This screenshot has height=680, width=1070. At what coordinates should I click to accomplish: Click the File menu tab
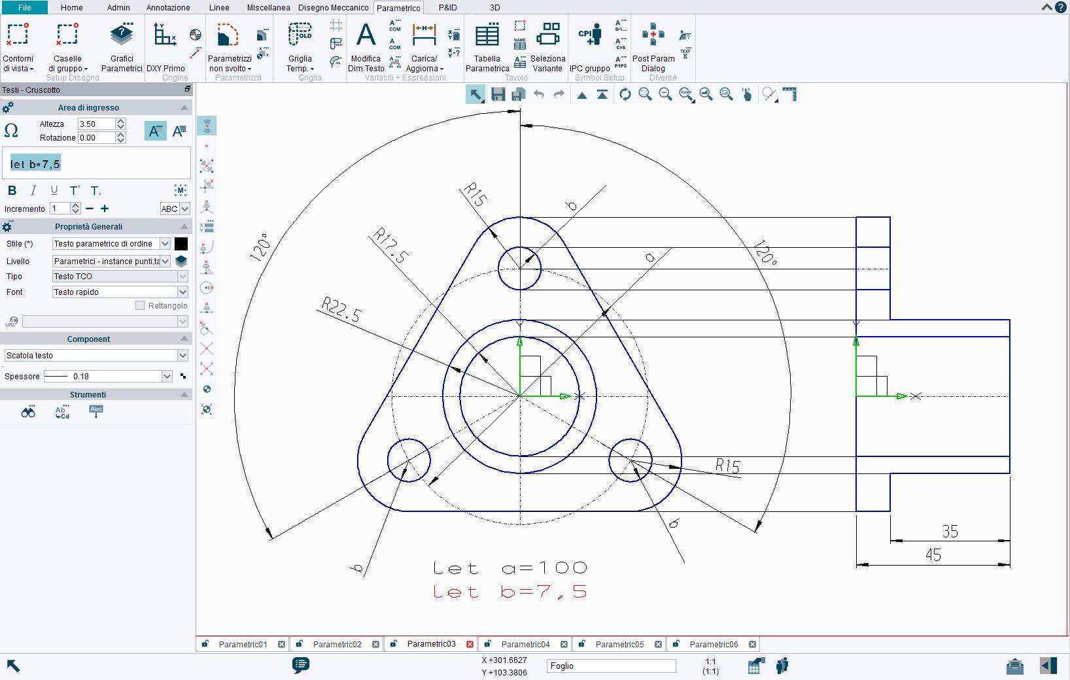[24, 8]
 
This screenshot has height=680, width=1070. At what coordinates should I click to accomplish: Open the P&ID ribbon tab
[447, 8]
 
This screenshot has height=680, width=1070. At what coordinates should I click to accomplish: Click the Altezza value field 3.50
[95, 124]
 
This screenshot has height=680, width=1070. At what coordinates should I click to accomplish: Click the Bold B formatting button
[12, 191]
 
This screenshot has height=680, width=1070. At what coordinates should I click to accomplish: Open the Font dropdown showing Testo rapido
[120, 292]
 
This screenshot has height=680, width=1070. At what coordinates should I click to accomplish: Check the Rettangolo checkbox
[139, 305]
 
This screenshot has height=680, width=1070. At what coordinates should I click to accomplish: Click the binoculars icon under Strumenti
[28, 412]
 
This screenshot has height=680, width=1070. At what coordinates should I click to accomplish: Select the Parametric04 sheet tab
[525, 644]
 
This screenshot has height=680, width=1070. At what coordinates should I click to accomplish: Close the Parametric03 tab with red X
[470, 644]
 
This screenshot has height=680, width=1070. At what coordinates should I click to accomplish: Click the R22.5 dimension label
[341, 311]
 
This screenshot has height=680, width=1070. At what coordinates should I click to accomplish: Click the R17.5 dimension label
[390, 246]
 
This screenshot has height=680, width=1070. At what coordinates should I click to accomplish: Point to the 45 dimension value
[933, 555]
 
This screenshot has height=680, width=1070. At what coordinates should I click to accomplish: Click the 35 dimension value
[950, 532]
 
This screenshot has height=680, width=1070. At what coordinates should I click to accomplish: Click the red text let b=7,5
[509, 592]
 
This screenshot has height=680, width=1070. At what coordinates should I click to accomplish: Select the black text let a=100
[509, 568]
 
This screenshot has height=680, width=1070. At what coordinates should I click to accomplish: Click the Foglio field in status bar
[611, 666]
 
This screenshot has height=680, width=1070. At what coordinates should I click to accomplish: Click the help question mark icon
[1060, 7]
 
